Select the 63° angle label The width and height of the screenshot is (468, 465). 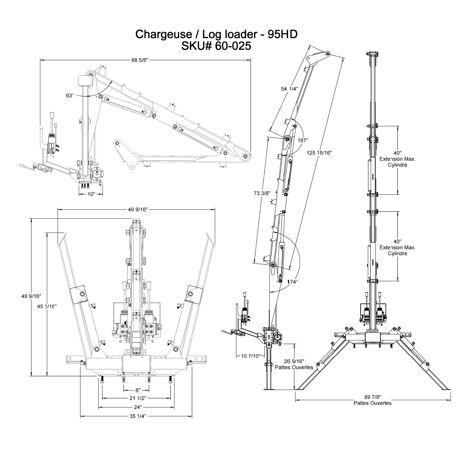tap(70, 96)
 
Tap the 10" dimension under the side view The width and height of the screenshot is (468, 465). tap(91, 194)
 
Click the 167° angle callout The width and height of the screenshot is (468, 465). tap(302, 140)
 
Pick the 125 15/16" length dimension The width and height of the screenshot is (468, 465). tap(318, 153)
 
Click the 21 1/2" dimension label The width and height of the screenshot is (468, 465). tap(137, 398)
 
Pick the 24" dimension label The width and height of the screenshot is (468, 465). tap(137, 407)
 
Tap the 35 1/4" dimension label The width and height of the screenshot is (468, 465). tap(137, 417)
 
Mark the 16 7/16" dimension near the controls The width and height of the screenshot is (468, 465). tap(251, 355)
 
